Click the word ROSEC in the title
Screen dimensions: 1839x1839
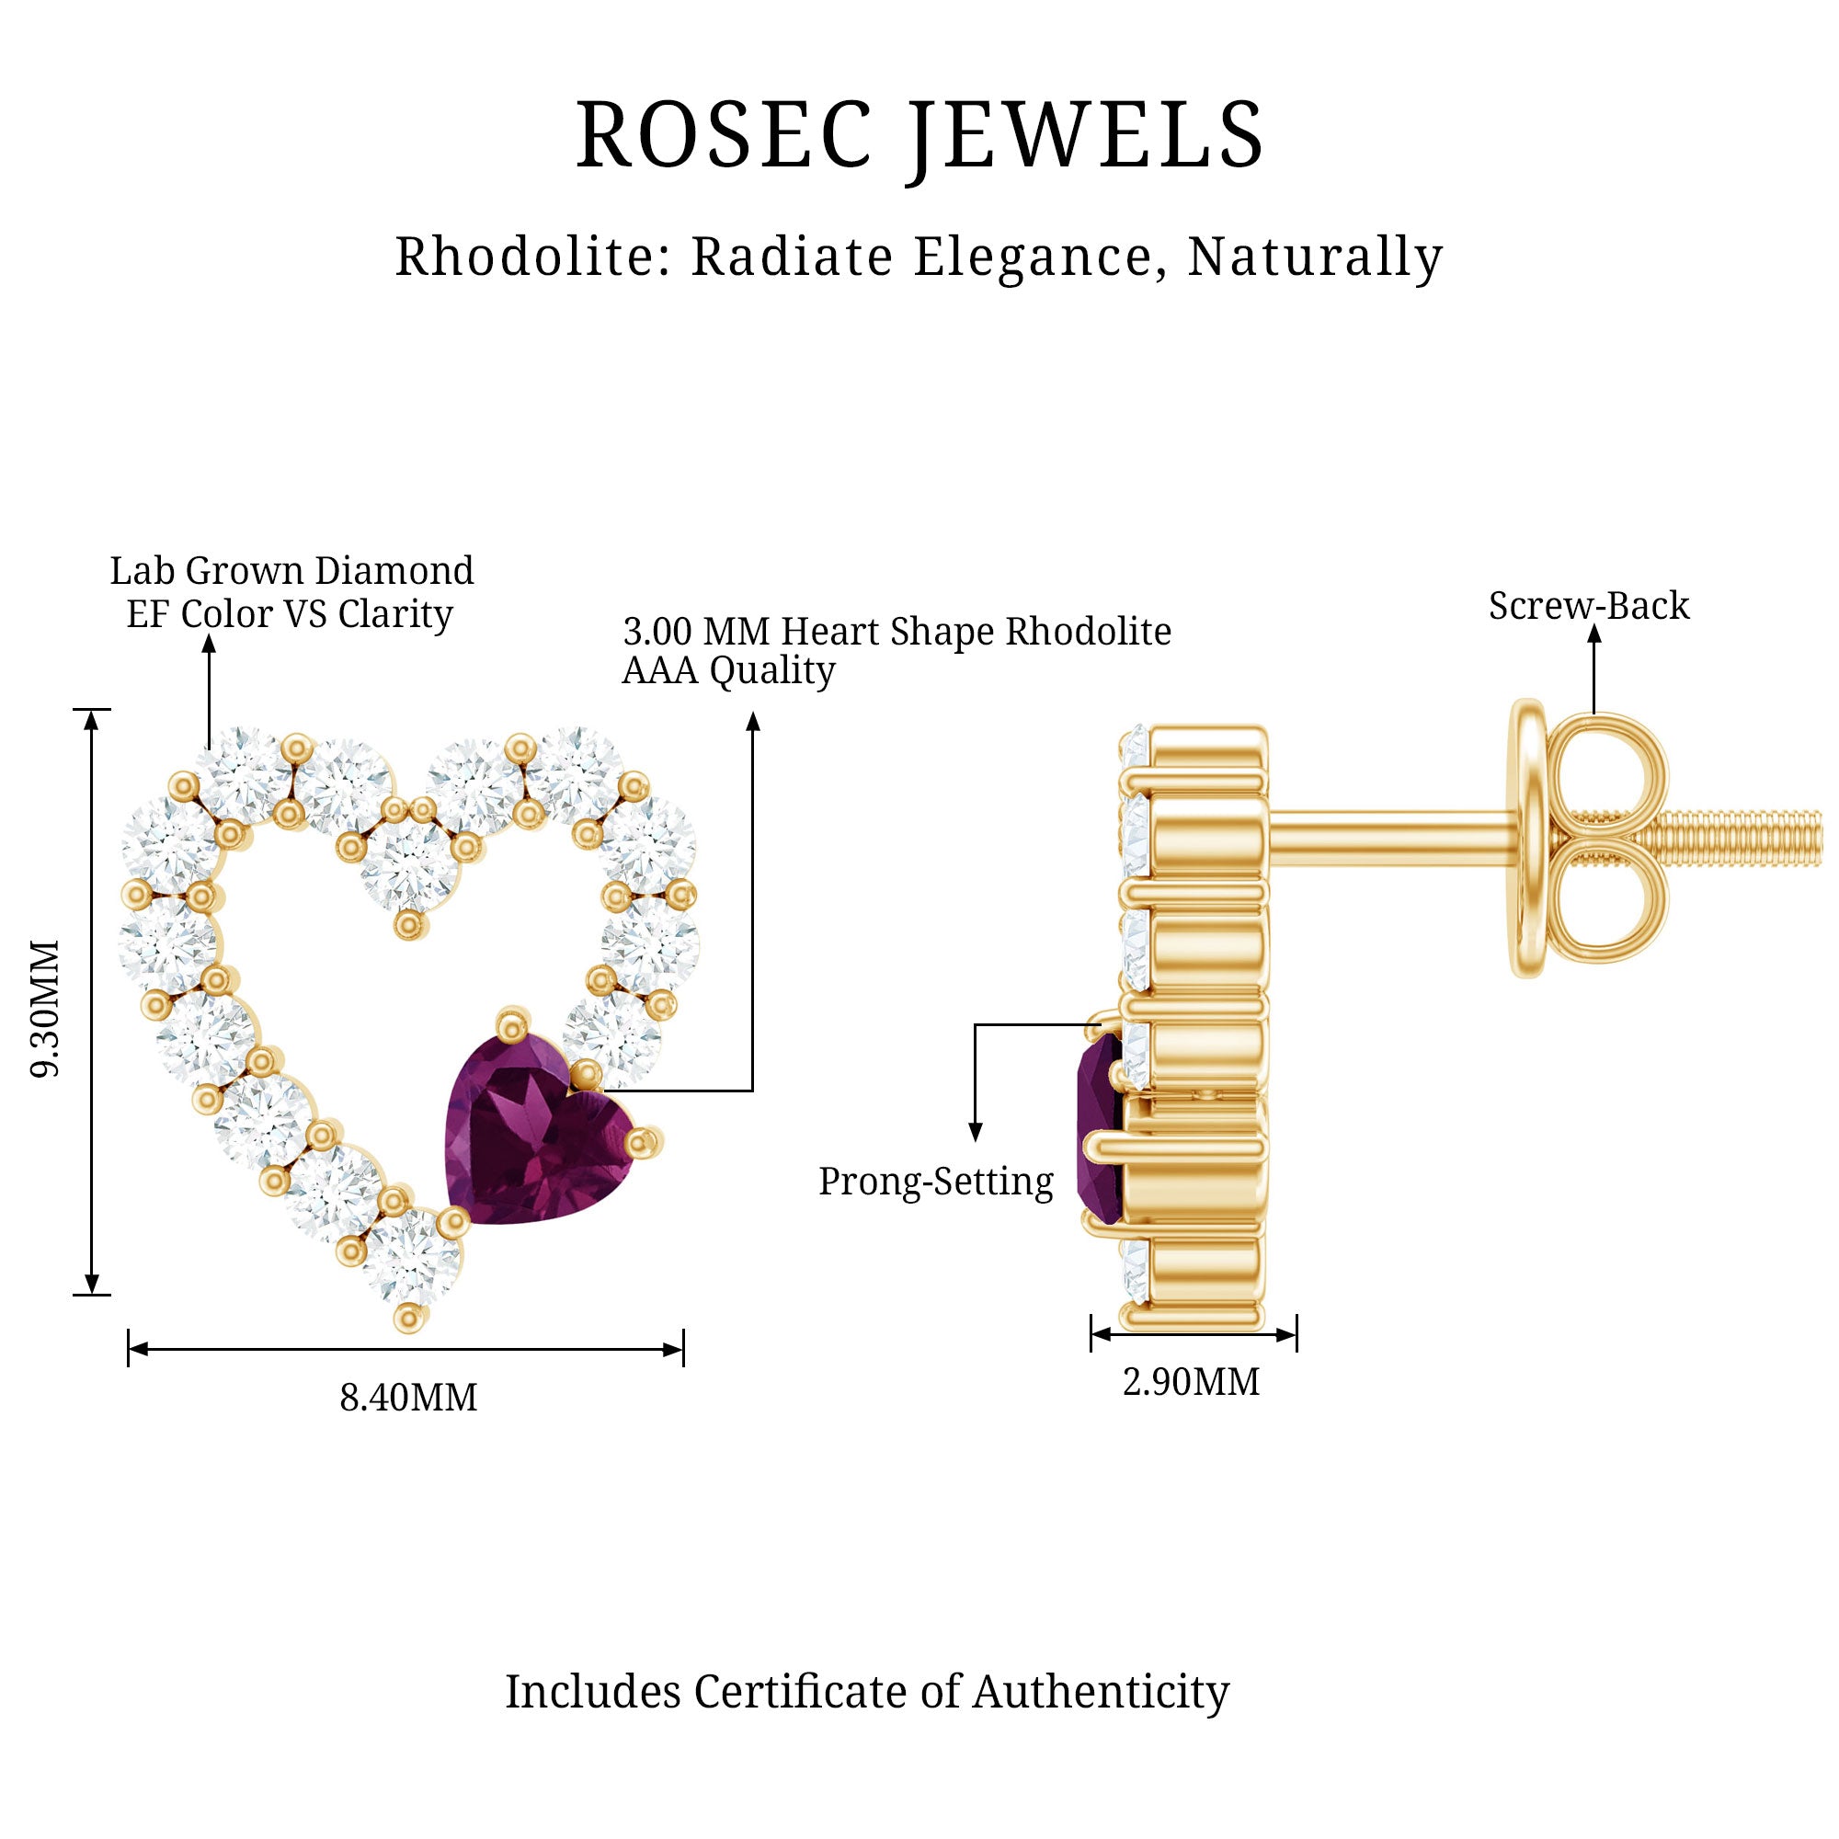(x=724, y=135)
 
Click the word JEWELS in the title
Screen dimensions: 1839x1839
(x=1085, y=135)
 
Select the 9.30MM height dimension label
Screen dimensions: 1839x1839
(x=46, y=1008)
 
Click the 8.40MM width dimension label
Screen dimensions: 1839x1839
(x=408, y=1399)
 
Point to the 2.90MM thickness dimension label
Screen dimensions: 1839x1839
(x=1191, y=1382)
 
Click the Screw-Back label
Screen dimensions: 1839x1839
(x=1589, y=606)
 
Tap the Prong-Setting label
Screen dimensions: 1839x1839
(x=936, y=1182)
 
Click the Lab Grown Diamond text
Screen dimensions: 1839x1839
(x=291, y=571)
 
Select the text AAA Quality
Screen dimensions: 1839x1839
(x=728, y=671)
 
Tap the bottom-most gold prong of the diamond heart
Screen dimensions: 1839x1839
(x=409, y=1319)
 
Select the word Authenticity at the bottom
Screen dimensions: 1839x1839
(x=1101, y=1693)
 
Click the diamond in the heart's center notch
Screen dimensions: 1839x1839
(x=408, y=862)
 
